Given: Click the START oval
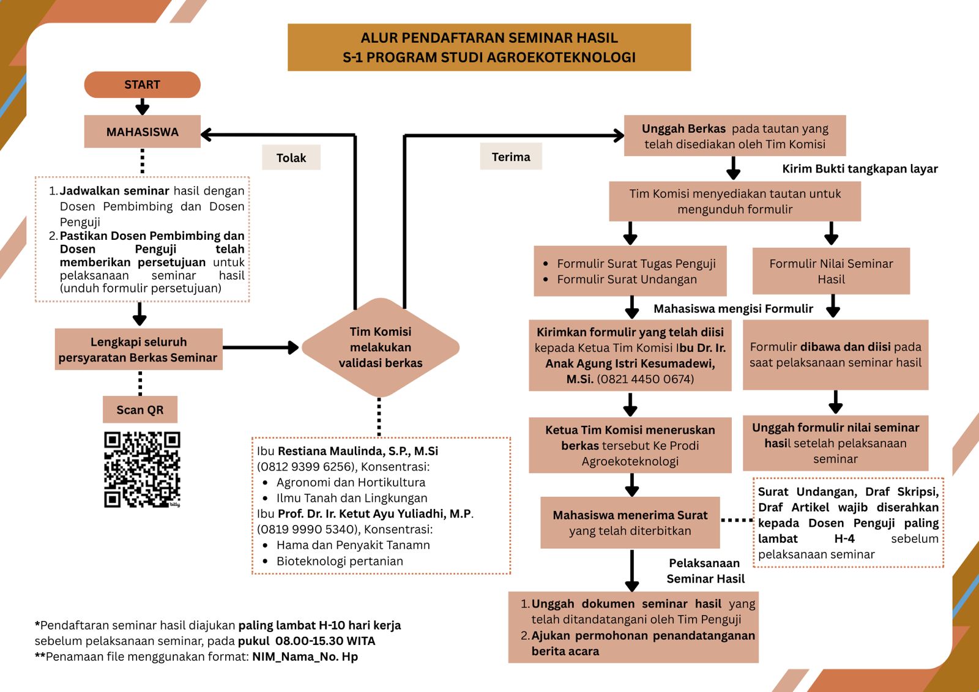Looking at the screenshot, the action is (x=143, y=84).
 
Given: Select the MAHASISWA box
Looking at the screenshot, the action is (x=143, y=132).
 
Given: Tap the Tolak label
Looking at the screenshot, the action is (x=291, y=157).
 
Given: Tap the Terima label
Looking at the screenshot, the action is (x=511, y=157).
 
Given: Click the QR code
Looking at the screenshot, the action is (x=142, y=469).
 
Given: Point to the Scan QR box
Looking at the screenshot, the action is (x=140, y=409).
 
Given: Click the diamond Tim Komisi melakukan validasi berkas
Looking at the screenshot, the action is (x=380, y=348).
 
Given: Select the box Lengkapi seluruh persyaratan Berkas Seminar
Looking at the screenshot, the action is (x=138, y=349).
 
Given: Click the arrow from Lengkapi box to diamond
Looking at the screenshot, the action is (x=261, y=348).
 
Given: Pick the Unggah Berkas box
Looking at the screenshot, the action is (x=735, y=135).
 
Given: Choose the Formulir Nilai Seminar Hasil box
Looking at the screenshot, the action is (x=831, y=271).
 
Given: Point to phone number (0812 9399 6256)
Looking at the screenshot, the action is (x=306, y=467).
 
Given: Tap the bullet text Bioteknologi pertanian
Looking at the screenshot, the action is (x=340, y=561).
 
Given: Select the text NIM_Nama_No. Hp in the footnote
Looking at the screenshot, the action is (x=305, y=657).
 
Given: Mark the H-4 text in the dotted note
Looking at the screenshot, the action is (x=844, y=538).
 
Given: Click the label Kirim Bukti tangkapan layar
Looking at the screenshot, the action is (x=860, y=169).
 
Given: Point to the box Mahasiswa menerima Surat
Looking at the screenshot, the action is (x=630, y=523).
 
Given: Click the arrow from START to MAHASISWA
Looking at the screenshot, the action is (x=143, y=106).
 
